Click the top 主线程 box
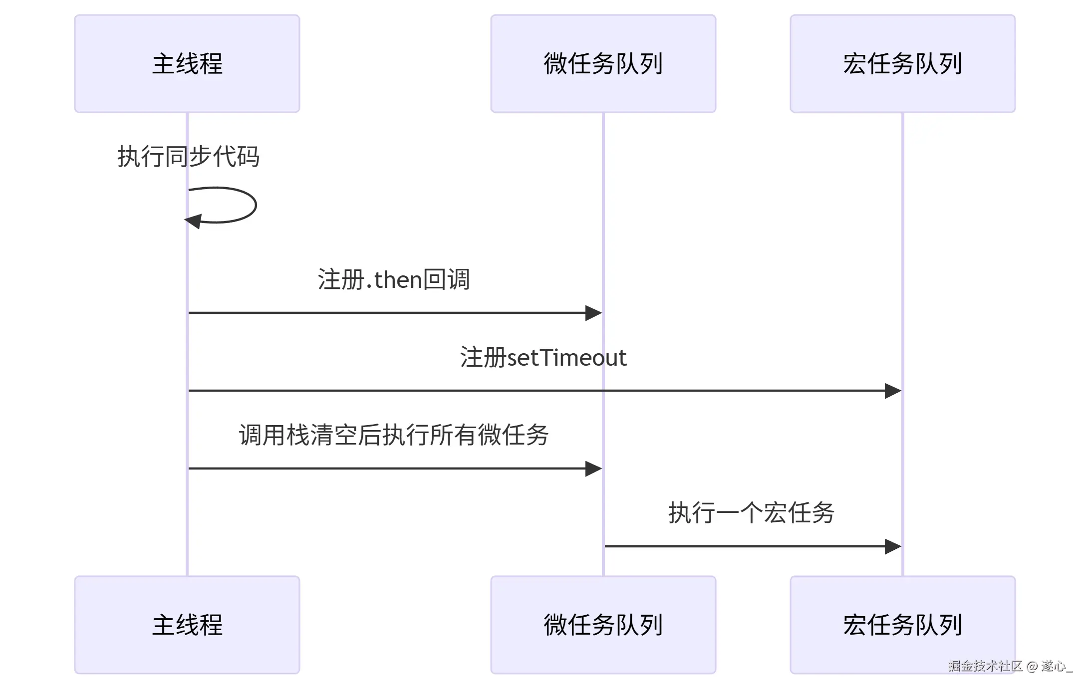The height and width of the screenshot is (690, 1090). pos(187,63)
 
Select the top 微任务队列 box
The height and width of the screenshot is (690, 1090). pos(603,63)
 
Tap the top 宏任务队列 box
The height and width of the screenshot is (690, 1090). pos(902,63)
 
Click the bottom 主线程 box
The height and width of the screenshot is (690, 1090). pos(187,625)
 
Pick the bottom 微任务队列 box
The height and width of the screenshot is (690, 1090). pos(603,625)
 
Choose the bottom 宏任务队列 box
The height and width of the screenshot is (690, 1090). pos(902,625)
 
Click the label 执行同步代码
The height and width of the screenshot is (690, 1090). pos(188,157)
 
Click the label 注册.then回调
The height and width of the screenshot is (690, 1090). pos(393,279)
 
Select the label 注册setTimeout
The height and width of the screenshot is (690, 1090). pos(543,357)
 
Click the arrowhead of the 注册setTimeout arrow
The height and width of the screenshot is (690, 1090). pos(893,391)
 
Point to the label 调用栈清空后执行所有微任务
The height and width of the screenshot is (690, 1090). pos(393,435)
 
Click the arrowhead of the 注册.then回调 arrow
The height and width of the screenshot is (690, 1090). pos(593,313)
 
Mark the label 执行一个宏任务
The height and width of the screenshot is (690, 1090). pos(751,513)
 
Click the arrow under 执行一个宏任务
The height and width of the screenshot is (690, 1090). pos(749,546)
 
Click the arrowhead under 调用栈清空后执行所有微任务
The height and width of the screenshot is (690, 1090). pos(593,468)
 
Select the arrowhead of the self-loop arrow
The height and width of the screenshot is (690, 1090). pos(194,221)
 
